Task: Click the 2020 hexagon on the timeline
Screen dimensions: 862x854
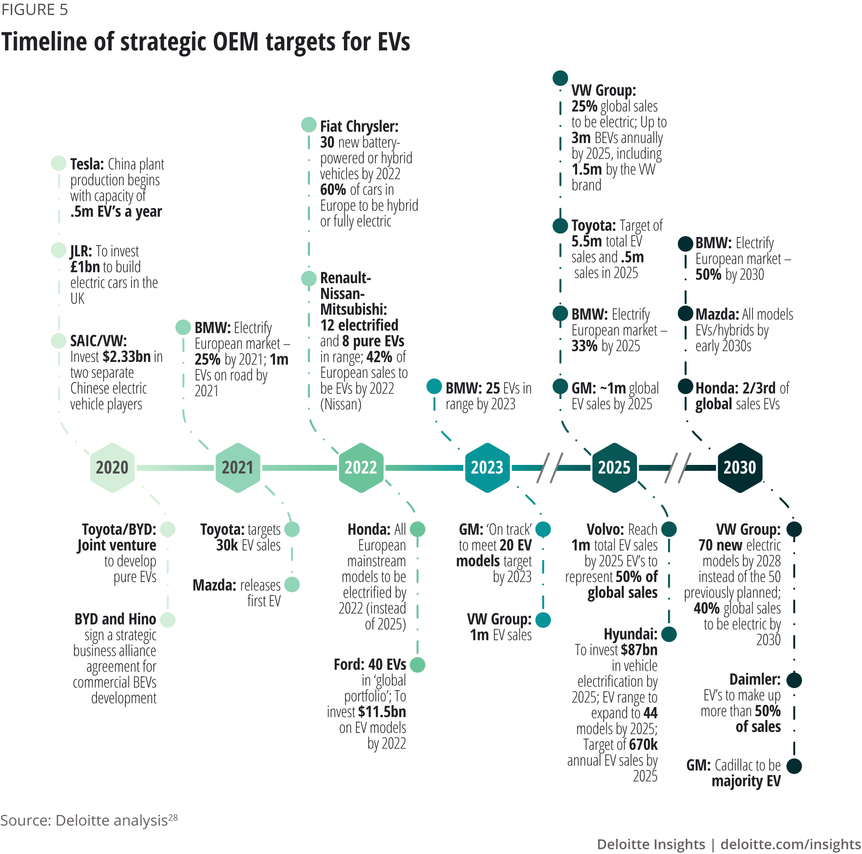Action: point(112,468)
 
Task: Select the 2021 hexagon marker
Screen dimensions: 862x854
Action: point(238,468)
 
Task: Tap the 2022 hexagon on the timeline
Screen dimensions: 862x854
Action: point(361,468)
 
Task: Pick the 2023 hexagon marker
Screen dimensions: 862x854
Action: point(487,468)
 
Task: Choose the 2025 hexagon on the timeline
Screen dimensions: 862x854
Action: point(614,468)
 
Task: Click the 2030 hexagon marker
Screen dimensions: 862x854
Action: point(740,468)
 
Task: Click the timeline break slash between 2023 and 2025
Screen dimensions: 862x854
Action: point(549,468)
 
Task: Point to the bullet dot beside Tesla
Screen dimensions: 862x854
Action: point(59,163)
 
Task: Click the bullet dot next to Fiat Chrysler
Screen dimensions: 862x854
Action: point(308,125)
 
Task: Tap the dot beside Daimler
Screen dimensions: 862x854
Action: point(794,680)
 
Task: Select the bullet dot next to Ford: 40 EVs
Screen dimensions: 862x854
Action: point(417,664)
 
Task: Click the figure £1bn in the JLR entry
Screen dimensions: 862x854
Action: point(85,267)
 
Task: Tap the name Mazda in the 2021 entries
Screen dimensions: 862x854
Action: point(214,585)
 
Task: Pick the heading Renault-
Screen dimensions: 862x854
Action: point(345,278)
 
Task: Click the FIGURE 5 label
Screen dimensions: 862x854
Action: point(35,9)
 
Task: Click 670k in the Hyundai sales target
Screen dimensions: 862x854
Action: point(643,744)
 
